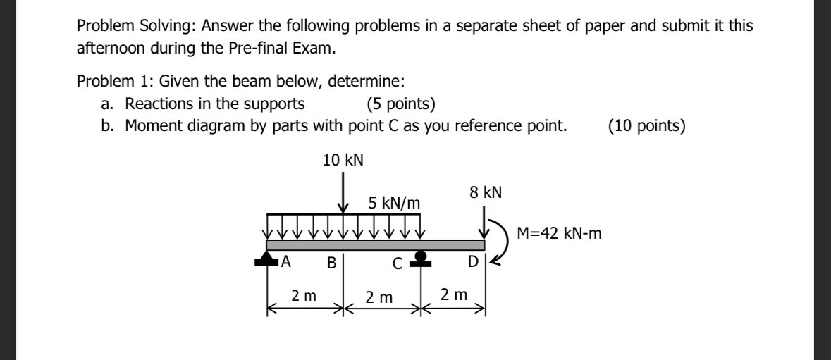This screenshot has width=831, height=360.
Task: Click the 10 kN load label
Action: click(343, 160)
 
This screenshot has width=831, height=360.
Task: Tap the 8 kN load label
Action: click(486, 191)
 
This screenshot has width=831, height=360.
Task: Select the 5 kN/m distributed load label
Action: click(394, 204)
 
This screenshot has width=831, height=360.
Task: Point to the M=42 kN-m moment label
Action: click(559, 233)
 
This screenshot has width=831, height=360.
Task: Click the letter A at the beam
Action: click(286, 263)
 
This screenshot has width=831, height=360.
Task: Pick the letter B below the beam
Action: click(331, 264)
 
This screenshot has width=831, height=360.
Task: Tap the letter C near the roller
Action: click(398, 265)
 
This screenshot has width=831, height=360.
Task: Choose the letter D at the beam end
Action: click(473, 263)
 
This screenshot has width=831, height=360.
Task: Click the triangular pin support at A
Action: click(266, 259)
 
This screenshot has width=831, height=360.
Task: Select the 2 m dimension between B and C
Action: click(379, 297)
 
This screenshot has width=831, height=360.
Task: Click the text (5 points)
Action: click(400, 104)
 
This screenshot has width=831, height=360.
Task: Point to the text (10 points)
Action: click(646, 126)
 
